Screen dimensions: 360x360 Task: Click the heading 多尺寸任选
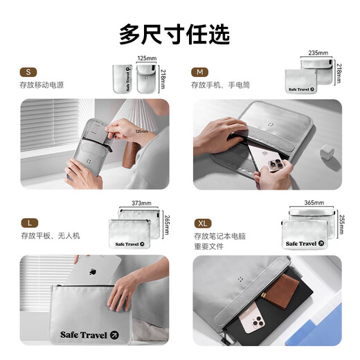pos(174,33)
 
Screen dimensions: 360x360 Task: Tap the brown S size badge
pos(28,71)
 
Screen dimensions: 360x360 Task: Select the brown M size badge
pos(200,71)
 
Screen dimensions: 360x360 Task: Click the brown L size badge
pos(28,222)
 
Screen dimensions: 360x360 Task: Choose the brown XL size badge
pos(201,222)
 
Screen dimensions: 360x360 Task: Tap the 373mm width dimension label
pos(141,204)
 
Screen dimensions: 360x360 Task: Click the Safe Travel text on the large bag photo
pos(82,336)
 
